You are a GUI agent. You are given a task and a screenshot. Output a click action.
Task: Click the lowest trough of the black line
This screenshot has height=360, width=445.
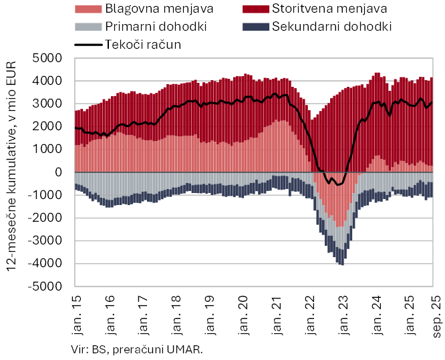click(337, 185)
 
